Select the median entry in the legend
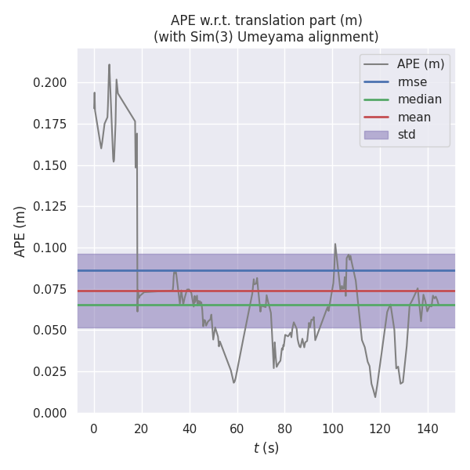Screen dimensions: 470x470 click(x=419, y=99)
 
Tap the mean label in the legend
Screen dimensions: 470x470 click(x=414, y=117)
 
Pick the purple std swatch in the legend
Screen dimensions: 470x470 click(x=376, y=135)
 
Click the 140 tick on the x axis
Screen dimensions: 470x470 click(x=428, y=428)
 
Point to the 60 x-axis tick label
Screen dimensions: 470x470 click(x=237, y=428)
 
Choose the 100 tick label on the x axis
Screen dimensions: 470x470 click(x=332, y=428)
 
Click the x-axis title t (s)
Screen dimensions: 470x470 click(x=266, y=448)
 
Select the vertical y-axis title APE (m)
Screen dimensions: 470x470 click(x=20, y=231)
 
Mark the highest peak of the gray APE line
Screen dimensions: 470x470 click(x=109, y=64)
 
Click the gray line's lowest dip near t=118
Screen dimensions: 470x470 click(x=375, y=397)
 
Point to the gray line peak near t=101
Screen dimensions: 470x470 click(x=335, y=244)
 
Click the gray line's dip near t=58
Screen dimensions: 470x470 click(x=233, y=382)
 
